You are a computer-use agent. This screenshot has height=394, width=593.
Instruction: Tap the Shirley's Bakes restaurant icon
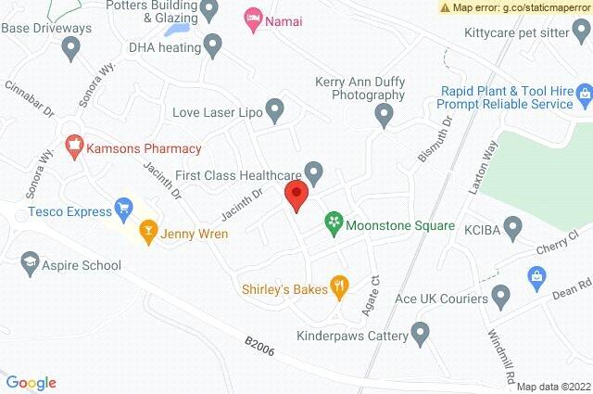[x=340, y=289]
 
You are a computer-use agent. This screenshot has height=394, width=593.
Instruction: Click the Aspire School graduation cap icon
[x=29, y=265]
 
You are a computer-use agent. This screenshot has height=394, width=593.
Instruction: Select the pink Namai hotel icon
[x=251, y=18]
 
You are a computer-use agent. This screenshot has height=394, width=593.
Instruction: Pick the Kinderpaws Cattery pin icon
[x=421, y=331]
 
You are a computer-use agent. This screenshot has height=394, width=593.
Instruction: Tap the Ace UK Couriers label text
[x=441, y=299]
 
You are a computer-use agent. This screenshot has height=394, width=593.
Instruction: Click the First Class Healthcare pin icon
[x=315, y=172]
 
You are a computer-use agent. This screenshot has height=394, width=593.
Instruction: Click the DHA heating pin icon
[x=214, y=43]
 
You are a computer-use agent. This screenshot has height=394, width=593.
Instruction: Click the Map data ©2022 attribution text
[x=553, y=387]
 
